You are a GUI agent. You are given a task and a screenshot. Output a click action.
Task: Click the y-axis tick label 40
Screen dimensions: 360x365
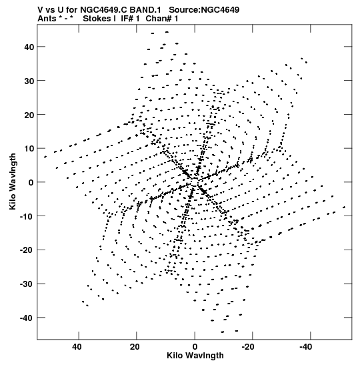[29, 47]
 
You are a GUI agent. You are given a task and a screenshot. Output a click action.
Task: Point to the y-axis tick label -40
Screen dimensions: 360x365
[27, 318]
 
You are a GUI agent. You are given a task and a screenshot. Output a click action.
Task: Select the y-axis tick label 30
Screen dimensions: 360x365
[29, 81]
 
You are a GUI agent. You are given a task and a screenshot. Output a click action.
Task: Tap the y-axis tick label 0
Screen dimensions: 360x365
[31, 182]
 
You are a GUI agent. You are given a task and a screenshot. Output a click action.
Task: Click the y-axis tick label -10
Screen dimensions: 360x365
[27, 216]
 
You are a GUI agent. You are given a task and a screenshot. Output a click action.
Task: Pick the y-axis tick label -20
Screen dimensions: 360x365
[27, 250]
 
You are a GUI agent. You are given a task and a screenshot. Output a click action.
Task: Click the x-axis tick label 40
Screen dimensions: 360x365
[77, 347]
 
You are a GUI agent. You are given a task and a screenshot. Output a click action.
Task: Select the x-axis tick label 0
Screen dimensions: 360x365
[195, 347]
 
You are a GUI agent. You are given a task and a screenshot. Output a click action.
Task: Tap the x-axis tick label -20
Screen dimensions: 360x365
[248, 347]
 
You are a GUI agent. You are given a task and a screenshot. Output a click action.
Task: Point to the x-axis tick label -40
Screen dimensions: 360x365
[305, 347]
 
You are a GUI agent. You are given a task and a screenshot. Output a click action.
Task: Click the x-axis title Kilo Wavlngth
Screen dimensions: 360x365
[195, 356]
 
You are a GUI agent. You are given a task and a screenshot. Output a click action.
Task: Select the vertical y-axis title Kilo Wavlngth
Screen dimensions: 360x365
[13, 181]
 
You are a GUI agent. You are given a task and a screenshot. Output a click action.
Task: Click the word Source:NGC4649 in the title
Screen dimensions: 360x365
[204, 10]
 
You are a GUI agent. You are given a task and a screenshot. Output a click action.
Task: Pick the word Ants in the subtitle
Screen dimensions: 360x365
[47, 19]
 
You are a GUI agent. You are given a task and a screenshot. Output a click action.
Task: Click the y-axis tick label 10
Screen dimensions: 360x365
[29, 149]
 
